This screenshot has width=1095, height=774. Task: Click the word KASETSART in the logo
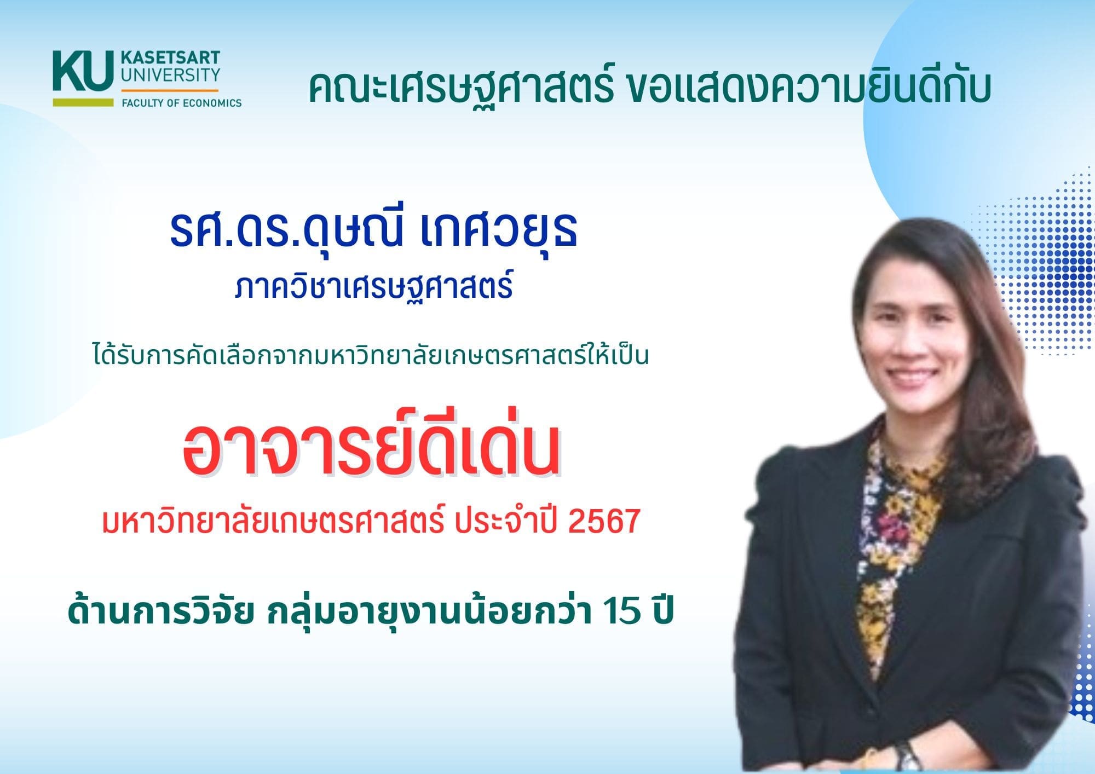click(170, 57)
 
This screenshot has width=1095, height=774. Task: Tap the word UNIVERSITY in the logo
click(170, 75)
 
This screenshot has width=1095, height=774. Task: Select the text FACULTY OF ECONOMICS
click(181, 103)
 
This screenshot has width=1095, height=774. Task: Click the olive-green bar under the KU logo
click(83, 102)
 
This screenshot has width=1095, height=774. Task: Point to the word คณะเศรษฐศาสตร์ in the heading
click(461, 88)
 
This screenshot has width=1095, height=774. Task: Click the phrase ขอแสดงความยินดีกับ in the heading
click(808, 88)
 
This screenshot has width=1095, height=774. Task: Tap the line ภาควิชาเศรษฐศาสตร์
click(374, 287)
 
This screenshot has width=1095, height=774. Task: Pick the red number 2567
click(604, 522)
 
